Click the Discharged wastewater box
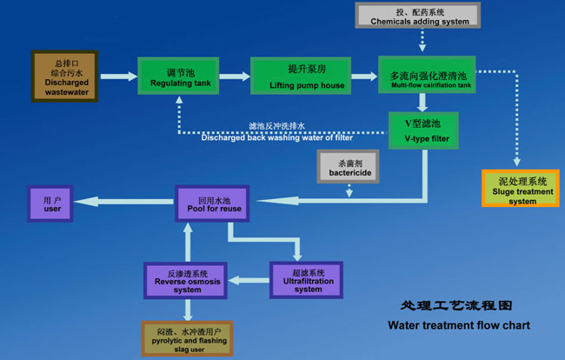click(66, 76)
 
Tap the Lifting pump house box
click(301, 77)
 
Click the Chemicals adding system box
click(418, 15)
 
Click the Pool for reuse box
click(214, 203)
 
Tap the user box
click(54, 203)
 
